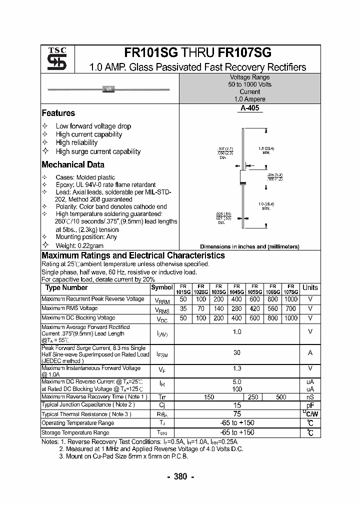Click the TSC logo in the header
point(57,59)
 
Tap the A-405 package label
point(249,108)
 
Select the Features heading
point(58,113)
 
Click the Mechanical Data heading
point(73,164)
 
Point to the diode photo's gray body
point(108,89)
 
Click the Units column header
point(310,287)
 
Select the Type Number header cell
point(66,287)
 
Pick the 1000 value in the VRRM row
point(290,299)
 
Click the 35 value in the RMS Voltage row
point(183,308)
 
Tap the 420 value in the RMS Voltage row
point(255,308)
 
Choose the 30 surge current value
point(237,352)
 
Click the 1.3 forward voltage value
point(237,368)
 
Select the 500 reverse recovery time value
point(281,396)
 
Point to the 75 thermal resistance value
point(237,414)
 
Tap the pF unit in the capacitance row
point(310,405)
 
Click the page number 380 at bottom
point(180,476)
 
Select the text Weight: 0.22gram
point(79,245)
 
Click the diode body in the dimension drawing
point(243,177)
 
